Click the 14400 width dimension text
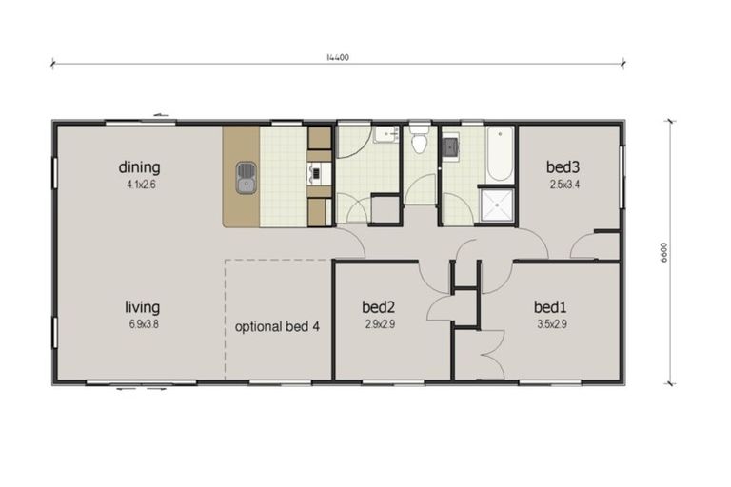pyautogui.click(x=338, y=57)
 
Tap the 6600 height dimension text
pyautogui.click(x=664, y=253)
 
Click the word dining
pyautogui.click(x=139, y=166)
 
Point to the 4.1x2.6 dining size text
pyautogui.click(x=139, y=185)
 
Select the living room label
pyautogui.click(x=142, y=307)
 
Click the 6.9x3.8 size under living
pyautogui.click(x=142, y=324)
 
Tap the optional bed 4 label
pyautogui.click(x=278, y=326)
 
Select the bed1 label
pyautogui.click(x=550, y=307)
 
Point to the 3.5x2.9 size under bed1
pyautogui.click(x=550, y=324)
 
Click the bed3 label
pyautogui.click(x=562, y=167)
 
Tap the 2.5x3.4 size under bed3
pyautogui.click(x=562, y=185)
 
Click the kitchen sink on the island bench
pyautogui.click(x=247, y=176)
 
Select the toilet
pyautogui.click(x=419, y=145)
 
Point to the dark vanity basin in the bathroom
pyautogui.click(x=449, y=146)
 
